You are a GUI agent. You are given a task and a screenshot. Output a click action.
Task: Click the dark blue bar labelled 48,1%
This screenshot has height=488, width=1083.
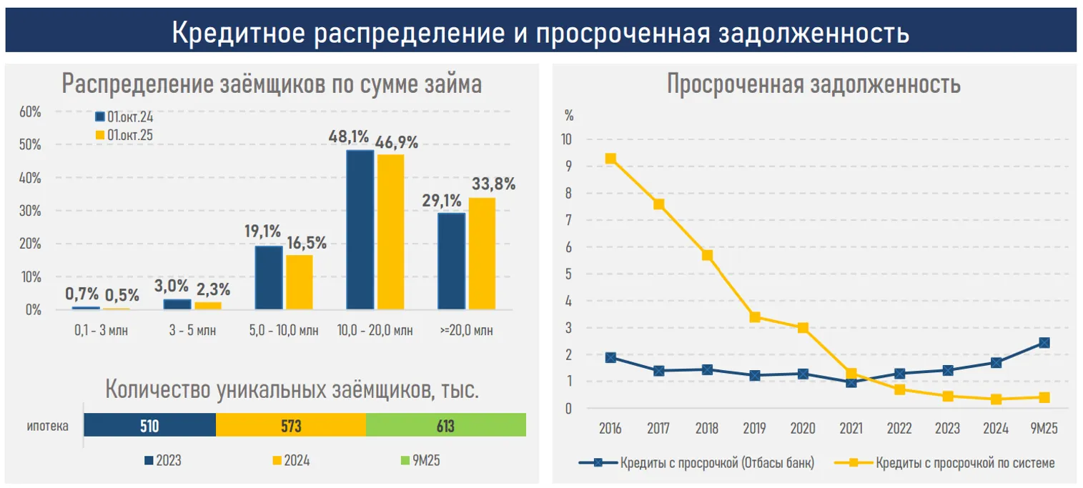click(x=360, y=229)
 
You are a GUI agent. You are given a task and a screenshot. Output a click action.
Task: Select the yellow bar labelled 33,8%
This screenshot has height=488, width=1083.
click(x=481, y=253)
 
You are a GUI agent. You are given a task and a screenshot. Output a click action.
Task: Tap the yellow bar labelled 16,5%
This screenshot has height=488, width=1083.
click(x=299, y=282)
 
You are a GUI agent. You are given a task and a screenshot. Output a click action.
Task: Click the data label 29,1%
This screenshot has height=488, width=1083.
click(x=441, y=201)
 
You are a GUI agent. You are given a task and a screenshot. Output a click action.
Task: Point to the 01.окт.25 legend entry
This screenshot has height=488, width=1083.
click(x=124, y=134)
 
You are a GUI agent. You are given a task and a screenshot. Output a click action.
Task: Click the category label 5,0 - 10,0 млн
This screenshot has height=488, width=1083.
click(x=284, y=331)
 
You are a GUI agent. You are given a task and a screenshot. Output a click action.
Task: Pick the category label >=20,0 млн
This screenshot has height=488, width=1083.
click(x=466, y=331)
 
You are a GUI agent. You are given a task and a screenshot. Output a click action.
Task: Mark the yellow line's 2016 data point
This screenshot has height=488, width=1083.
click(x=610, y=159)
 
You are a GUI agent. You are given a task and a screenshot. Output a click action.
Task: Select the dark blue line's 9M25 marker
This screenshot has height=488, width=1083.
click(x=1044, y=343)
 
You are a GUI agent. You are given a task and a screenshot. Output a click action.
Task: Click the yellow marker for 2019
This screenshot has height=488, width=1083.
click(x=755, y=317)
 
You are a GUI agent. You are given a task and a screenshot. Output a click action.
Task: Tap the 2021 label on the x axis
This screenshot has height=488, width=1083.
click(x=851, y=429)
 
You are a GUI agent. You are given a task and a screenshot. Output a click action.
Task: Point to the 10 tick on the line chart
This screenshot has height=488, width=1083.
click(x=568, y=139)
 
